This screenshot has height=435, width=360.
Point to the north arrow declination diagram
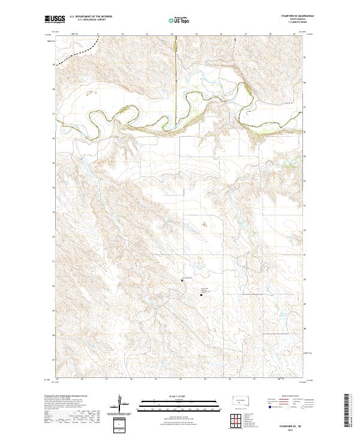point(119,404)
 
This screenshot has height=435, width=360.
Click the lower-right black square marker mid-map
point(201,294)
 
